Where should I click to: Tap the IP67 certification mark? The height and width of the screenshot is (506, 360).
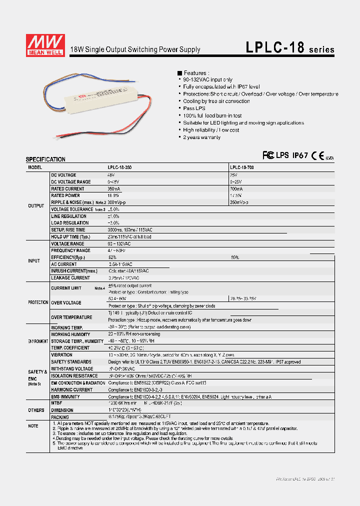tap(300, 155)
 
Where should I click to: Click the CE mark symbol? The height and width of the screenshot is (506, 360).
tap(318, 155)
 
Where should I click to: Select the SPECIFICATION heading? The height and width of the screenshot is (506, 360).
tap(45, 159)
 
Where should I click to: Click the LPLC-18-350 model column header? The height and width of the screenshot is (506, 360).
tap(122, 168)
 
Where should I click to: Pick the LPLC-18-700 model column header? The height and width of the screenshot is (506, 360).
tap(243, 168)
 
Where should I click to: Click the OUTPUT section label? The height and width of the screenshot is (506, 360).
tap(36, 205)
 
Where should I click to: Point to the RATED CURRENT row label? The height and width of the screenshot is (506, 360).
tap(66, 189)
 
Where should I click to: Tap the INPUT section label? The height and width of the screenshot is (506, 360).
tap(34, 261)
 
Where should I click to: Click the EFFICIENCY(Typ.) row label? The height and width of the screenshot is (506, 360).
tap(68, 257)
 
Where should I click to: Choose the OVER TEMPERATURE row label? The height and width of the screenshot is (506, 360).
tap(71, 317)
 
